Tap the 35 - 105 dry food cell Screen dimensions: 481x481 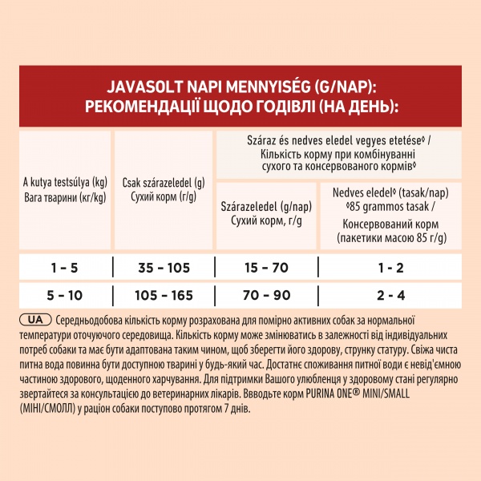coord(164,265)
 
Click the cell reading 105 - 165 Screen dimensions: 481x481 coord(164,295)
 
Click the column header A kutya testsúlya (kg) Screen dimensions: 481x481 coord(65,180)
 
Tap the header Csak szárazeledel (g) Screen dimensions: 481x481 coord(164,181)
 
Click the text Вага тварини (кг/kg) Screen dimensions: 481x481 coord(65,196)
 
